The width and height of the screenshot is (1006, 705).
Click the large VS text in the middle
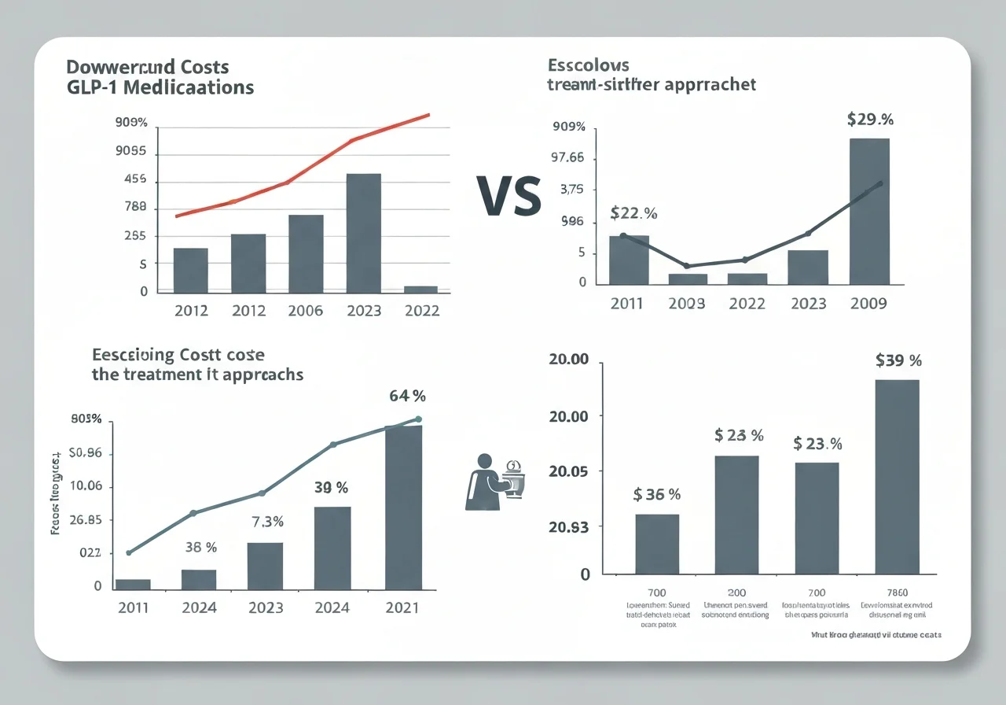[x=509, y=196]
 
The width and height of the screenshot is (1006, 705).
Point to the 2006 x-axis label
[x=306, y=311]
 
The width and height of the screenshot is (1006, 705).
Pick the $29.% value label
[x=870, y=120]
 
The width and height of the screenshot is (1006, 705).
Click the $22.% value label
[x=633, y=213]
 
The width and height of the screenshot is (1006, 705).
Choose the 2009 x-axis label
[x=868, y=304]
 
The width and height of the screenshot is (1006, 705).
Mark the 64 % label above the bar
[x=408, y=397]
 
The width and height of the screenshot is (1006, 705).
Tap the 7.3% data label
[x=266, y=522]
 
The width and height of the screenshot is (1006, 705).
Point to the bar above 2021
[x=403, y=507]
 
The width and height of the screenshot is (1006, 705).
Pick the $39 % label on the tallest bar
[x=898, y=361]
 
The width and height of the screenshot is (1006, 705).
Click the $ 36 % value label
[x=656, y=495]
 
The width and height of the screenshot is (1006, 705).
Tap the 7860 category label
[x=896, y=592]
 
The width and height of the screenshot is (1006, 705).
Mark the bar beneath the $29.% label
[x=869, y=212]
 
